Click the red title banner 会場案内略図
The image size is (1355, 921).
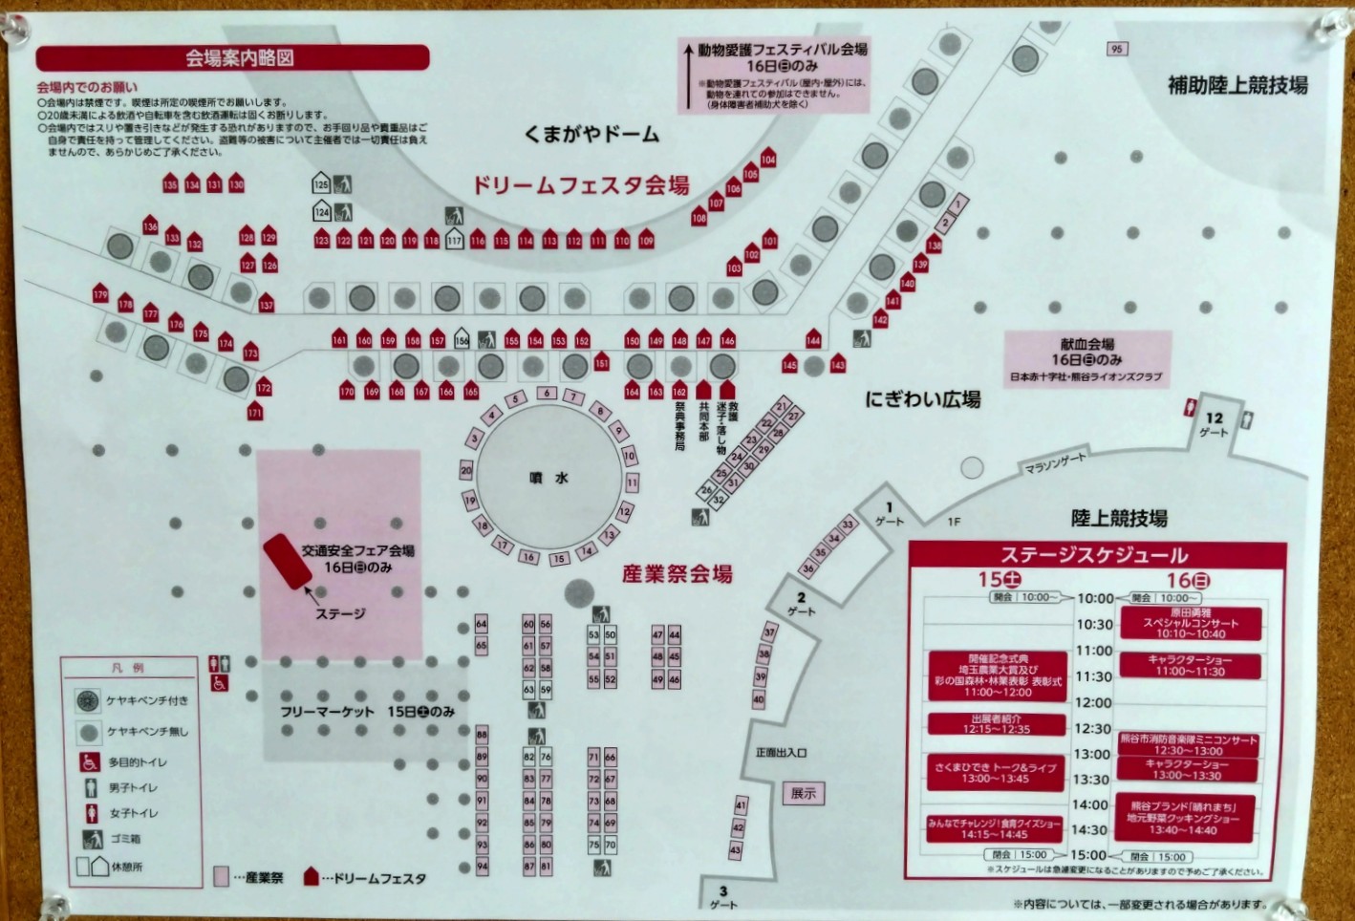(232, 58)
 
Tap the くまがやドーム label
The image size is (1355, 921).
(591, 134)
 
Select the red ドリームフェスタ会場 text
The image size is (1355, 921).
(581, 185)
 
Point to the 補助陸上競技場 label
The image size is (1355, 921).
(1237, 85)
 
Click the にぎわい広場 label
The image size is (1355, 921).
(922, 399)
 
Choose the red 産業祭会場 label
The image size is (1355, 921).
(677, 574)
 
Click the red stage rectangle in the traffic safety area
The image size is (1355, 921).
(288, 561)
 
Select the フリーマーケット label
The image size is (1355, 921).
(327, 712)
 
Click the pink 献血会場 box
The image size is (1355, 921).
(1086, 358)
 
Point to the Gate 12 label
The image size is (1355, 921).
(1214, 424)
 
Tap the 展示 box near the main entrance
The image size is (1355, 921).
(803, 793)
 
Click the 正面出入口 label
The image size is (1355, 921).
(781, 753)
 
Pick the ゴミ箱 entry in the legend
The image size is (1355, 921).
(124, 839)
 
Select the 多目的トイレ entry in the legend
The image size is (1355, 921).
(137, 762)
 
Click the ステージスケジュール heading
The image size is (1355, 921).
(1093, 555)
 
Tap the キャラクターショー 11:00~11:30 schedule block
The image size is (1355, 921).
(1189, 666)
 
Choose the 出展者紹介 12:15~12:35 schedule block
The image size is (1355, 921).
(996, 724)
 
